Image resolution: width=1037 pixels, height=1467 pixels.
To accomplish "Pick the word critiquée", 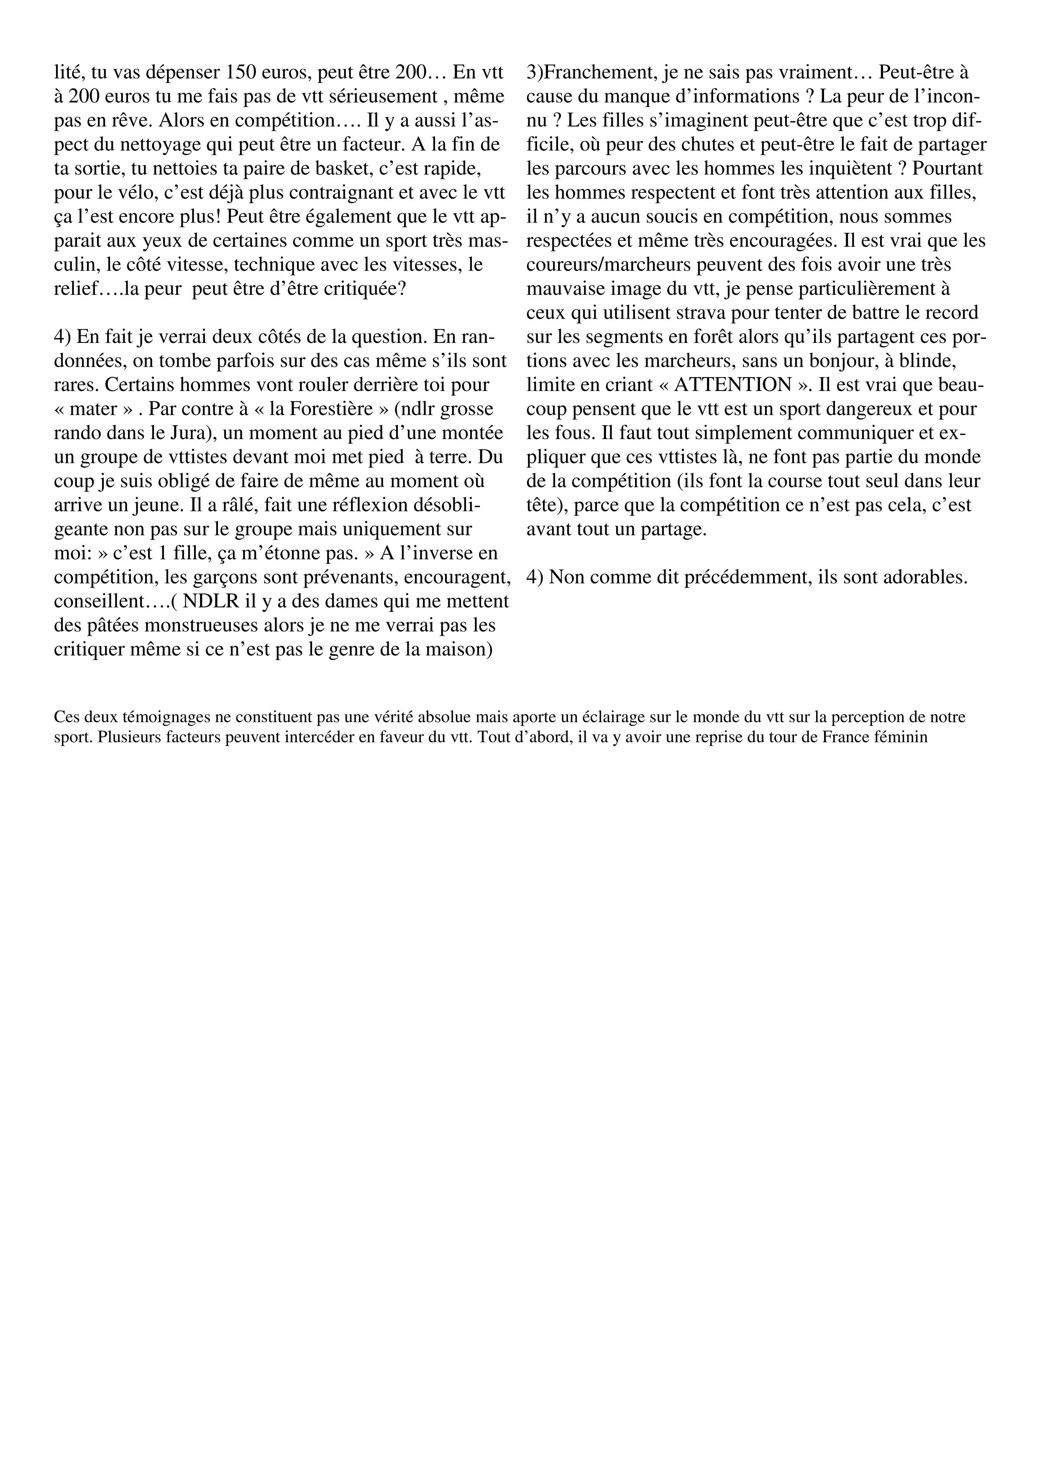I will coord(363,289).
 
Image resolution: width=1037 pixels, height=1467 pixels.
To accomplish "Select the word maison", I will coord(453,650).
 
